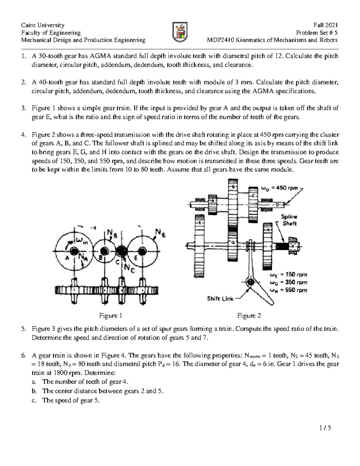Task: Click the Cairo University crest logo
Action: click(180, 32)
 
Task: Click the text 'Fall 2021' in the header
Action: click(325, 25)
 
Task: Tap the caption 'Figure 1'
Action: click(110, 315)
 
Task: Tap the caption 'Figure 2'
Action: click(249, 315)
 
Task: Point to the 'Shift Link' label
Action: click(220, 299)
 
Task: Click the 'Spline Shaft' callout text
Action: click(289, 220)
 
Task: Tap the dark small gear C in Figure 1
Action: click(121, 251)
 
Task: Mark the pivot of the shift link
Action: click(250, 282)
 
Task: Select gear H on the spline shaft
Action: click(267, 246)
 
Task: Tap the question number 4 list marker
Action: click(23, 135)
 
